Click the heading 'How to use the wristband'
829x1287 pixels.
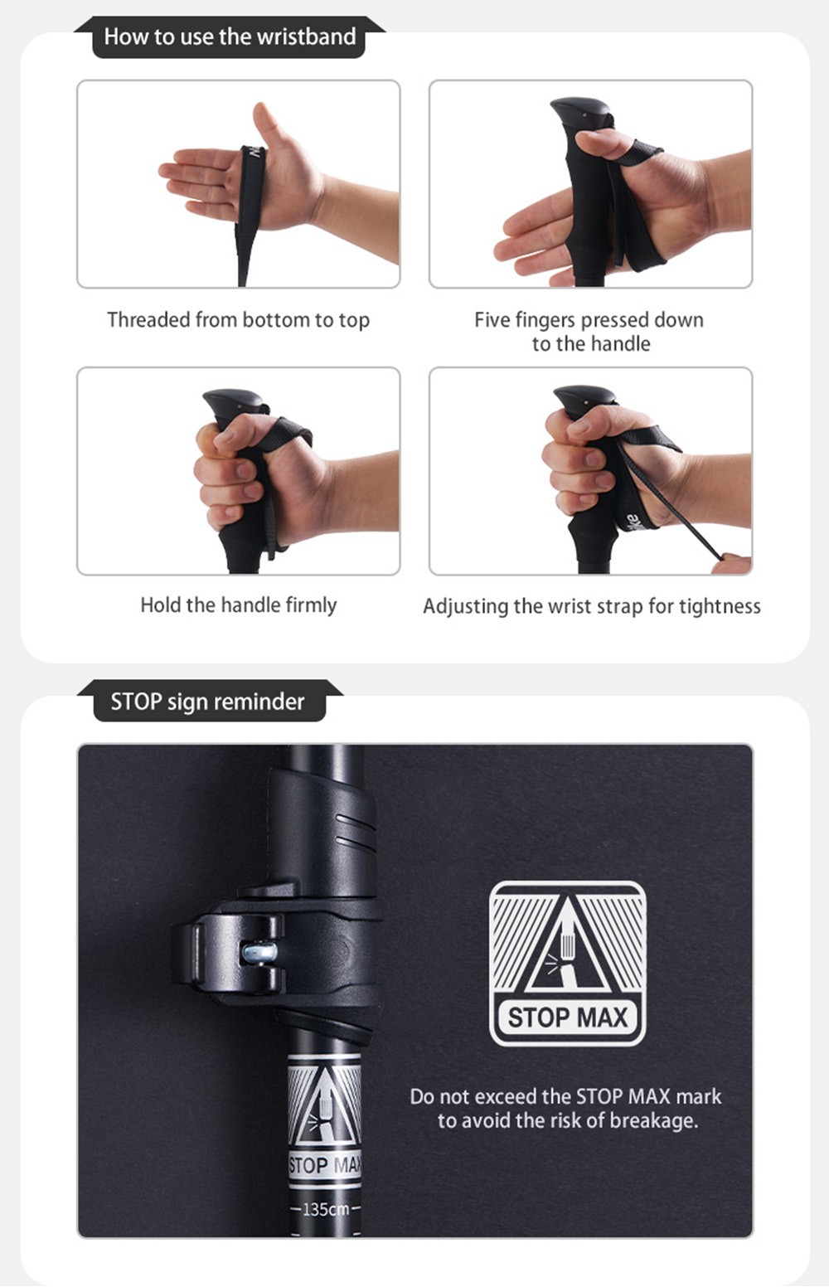(230, 36)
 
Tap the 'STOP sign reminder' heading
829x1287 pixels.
(207, 702)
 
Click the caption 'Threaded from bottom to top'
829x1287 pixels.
(239, 320)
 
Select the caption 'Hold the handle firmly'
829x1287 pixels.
(239, 605)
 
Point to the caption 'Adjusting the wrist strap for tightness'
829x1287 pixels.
(592, 606)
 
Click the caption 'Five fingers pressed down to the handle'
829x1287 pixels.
(589, 332)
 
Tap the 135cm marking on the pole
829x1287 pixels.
(325, 1209)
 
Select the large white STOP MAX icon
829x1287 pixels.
(568, 964)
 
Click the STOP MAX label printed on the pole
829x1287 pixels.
(325, 1165)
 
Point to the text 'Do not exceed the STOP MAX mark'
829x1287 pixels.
(565, 1096)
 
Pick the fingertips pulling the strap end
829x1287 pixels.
(730, 564)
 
